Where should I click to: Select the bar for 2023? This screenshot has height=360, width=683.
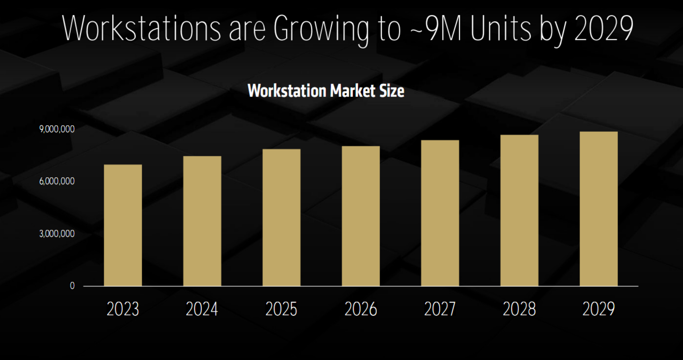[123, 225]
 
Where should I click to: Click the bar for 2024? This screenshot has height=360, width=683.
[202, 221]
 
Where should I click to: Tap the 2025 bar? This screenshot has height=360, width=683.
[281, 217]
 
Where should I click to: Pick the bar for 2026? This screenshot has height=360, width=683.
[361, 216]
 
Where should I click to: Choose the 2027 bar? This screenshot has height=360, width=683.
[440, 213]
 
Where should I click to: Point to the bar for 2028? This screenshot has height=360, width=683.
[519, 210]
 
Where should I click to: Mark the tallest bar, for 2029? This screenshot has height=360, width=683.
[599, 209]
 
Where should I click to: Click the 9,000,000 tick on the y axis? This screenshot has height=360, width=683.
[57, 129]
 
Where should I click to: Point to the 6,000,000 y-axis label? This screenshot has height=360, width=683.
[57, 181]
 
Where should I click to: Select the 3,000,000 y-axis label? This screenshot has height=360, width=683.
[57, 234]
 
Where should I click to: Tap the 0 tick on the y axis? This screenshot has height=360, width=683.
[72, 286]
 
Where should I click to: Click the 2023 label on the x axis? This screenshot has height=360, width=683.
[123, 309]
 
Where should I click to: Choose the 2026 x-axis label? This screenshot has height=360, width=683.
[361, 309]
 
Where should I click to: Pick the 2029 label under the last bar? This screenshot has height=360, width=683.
[599, 309]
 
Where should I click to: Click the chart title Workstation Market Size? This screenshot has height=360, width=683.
[326, 91]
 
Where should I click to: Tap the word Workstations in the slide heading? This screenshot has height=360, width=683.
[141, 28]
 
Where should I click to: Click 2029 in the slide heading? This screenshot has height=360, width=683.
[604, 28]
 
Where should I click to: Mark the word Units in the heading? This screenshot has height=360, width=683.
[501, 28]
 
